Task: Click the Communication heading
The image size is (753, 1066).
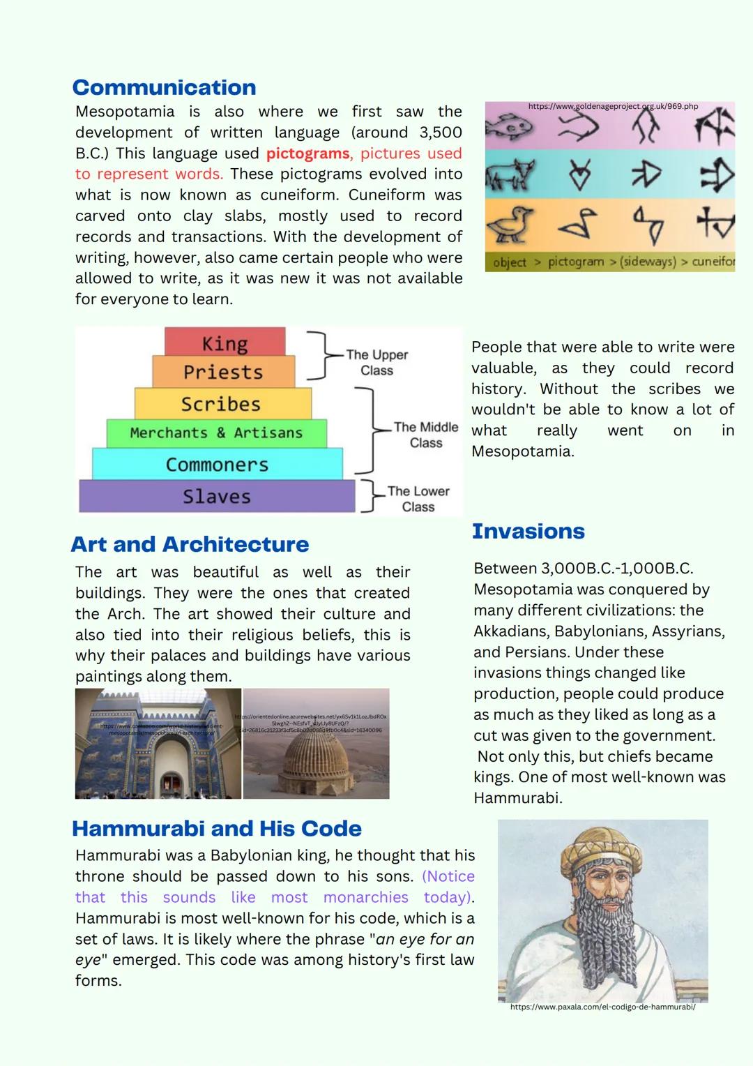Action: [164, 87]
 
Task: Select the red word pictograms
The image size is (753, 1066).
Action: [307, 153]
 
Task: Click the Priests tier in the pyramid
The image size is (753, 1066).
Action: [223, 372]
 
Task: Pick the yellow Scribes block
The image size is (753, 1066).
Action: [221, 404]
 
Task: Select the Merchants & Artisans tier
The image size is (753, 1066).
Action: [216, 433]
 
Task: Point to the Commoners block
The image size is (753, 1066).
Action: [217, 465]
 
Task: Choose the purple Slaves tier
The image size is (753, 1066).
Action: [216, 496]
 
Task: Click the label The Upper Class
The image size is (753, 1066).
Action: [376, 362]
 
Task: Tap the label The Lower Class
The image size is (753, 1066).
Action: [418, 499]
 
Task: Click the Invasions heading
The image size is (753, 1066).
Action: [528, 531]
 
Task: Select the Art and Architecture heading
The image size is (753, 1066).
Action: [190, 544]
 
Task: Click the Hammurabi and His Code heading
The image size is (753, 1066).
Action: [216, 828]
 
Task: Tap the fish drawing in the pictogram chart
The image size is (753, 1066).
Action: [508, 126]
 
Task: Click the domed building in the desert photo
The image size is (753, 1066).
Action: [317, 763]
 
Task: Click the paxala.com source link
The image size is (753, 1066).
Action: [602, 1007]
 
